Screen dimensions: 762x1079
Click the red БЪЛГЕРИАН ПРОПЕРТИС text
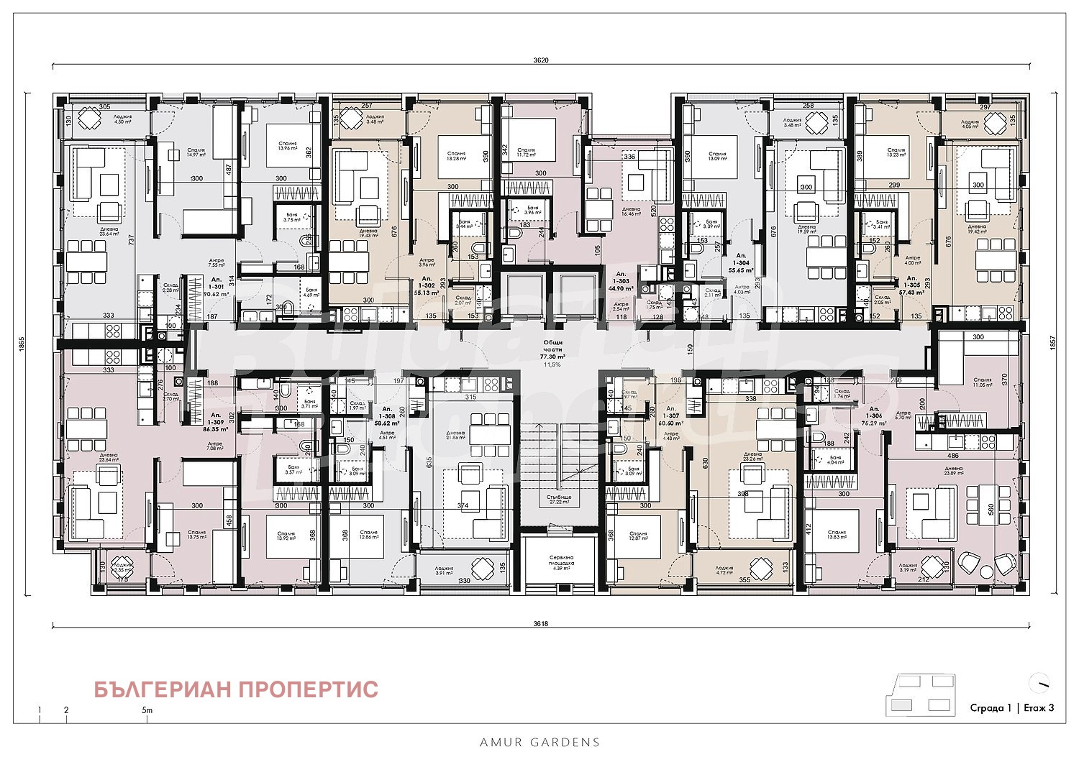tap(236, 689)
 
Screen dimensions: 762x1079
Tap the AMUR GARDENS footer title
tap(539, 742)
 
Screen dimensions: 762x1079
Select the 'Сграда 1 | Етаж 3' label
tap(1011, 707)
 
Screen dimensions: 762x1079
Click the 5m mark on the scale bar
tap(147, 710)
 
